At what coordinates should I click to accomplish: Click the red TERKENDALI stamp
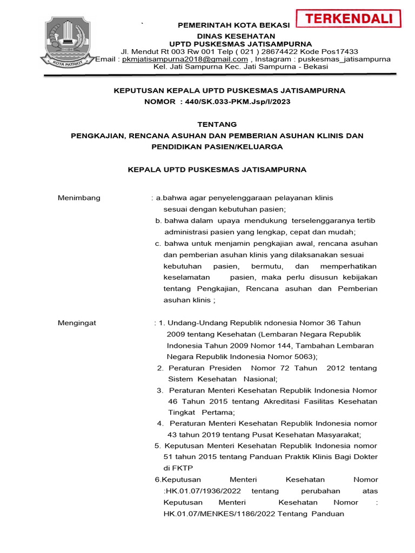click(350, 19)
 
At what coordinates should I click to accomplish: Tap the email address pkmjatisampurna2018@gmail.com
click(185, 59)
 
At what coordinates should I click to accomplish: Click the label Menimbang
click(79, 198)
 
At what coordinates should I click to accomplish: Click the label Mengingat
click(77, 323)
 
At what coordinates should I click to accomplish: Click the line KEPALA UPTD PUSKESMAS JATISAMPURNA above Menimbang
click(217, 170)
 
